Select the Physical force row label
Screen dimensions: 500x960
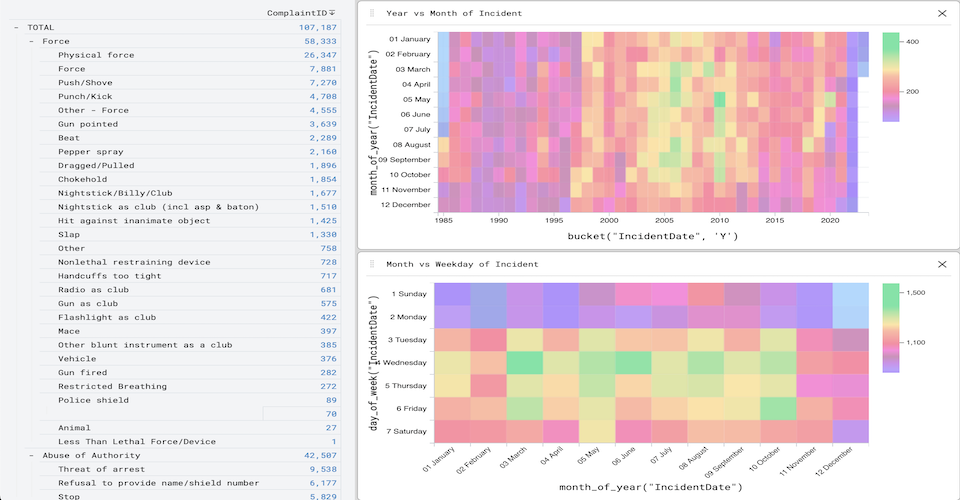coord(95,55)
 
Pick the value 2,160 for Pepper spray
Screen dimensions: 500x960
coord(322,152)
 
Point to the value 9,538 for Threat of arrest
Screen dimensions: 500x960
coord(322,469)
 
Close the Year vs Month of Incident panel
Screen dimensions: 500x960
coord(941,13)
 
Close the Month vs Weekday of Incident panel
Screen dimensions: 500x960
coord(941,264)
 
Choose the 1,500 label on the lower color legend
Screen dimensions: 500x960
coord(918,293)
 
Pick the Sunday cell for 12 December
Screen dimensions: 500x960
coord(851,294)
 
